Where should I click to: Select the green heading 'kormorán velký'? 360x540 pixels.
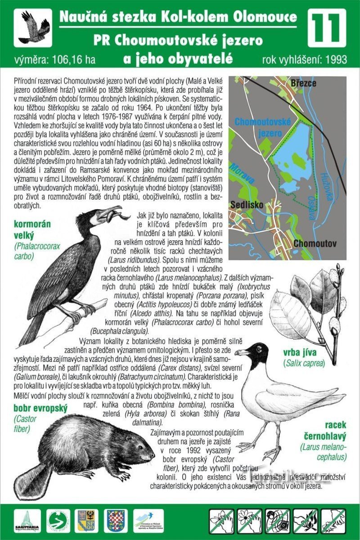[32, 229]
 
